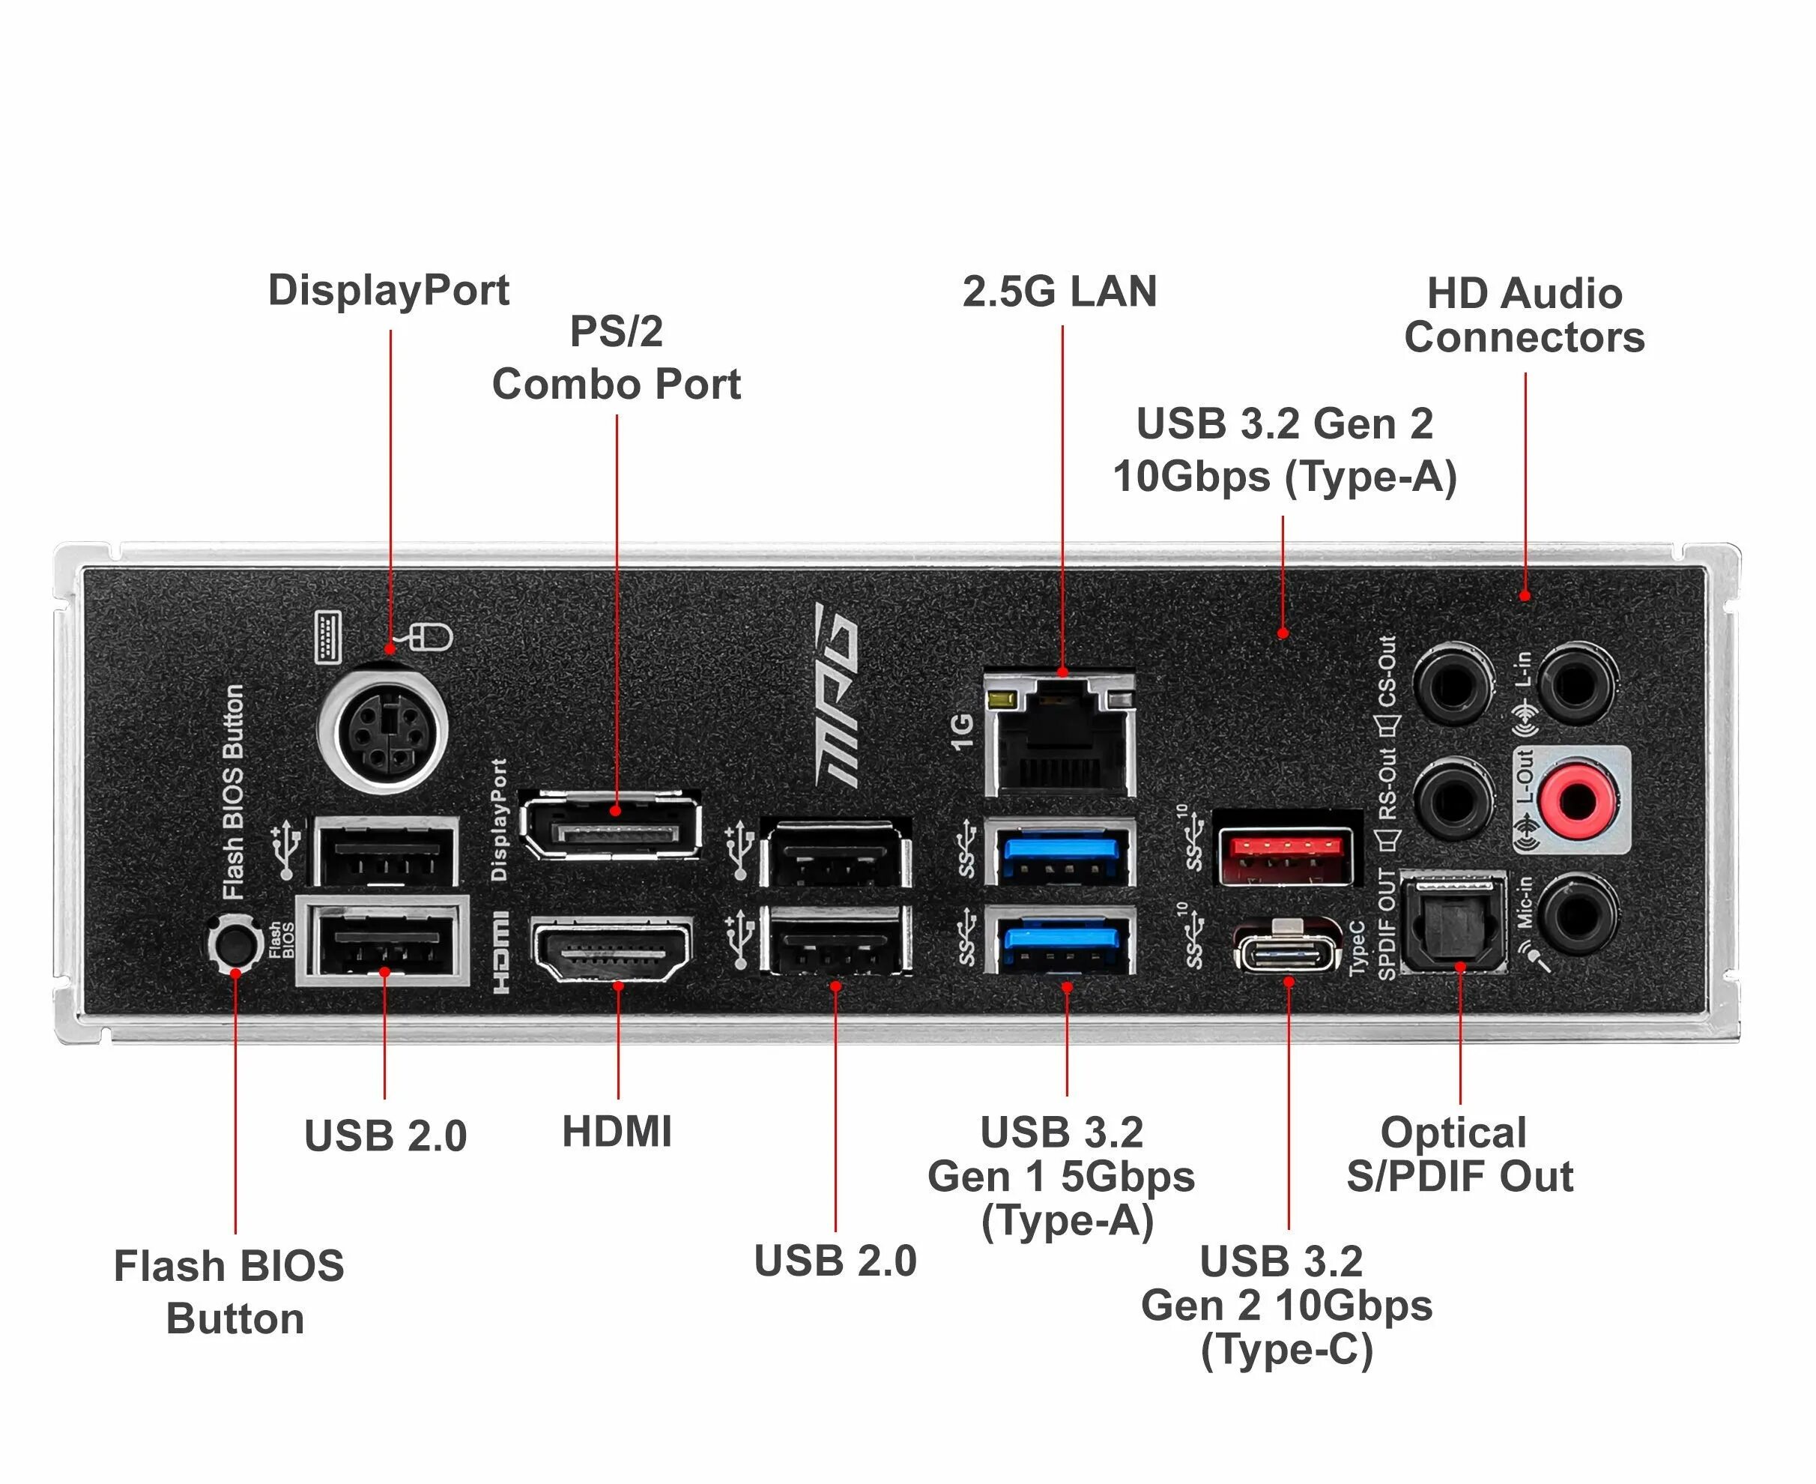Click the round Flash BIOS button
point(235,942)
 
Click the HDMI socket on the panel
point(612,949)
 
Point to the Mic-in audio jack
point(1577,914)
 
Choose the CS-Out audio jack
point(1453,684)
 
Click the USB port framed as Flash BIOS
point(384,941)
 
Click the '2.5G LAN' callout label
point(1059,292)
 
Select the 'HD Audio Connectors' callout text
point(1525,316)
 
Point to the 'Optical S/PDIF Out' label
point(1459,1153)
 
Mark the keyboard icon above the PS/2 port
point(329,637)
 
